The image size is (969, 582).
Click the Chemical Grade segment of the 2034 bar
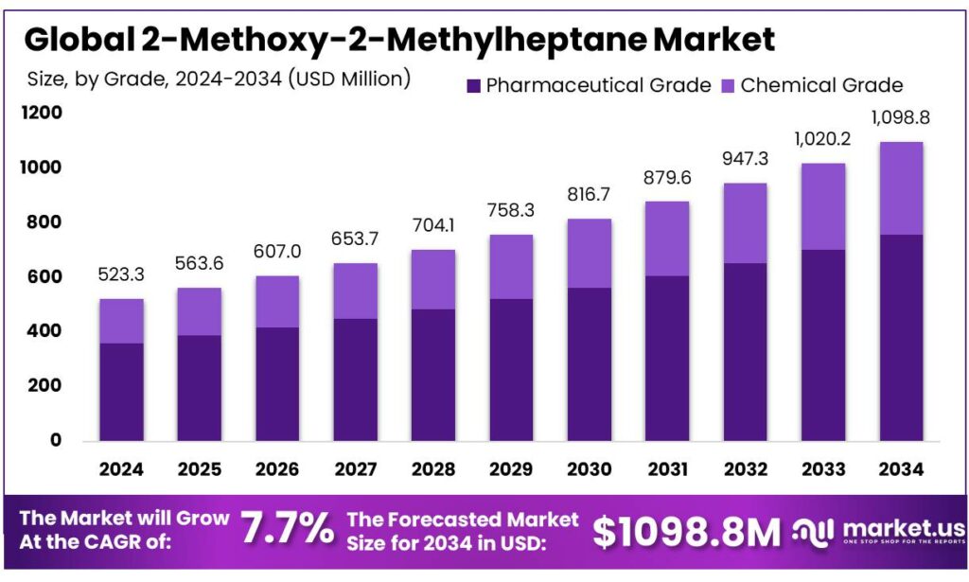[x=901, y=188]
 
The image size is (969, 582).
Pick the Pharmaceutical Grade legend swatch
[x=474, y=86]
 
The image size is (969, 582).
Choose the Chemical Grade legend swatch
[x=729, y=86]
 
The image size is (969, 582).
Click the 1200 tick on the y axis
[x=42, y=114]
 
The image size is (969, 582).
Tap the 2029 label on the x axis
[x=511, y=467]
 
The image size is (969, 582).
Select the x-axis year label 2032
[x=745, y=467]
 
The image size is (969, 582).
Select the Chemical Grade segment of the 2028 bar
[x=433, y=279]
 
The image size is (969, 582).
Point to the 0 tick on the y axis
[x=55, y=440]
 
